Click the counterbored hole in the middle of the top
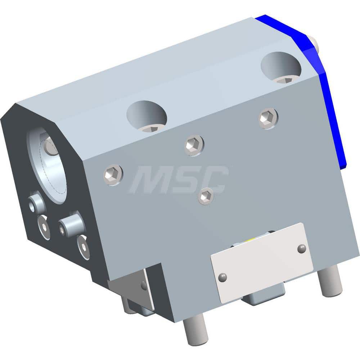click(x=147, y=116)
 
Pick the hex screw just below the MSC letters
click(x=206, y=196)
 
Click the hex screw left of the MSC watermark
click(x=113, y=175)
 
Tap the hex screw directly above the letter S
click(x=194, y=145)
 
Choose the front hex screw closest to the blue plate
click(x=268, y=118)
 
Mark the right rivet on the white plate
click(x=302, y=248)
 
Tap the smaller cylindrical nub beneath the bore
click(x=37, y=203)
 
